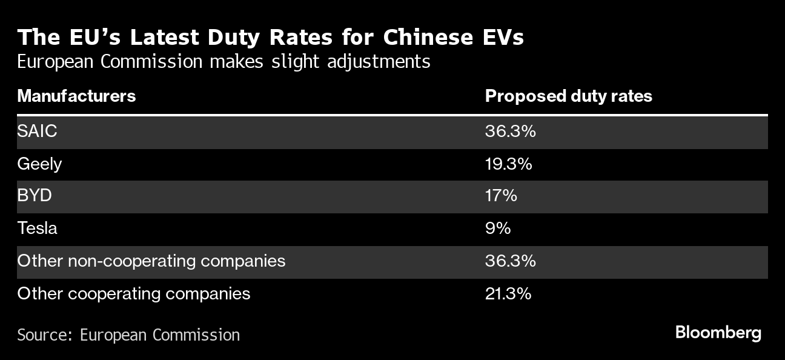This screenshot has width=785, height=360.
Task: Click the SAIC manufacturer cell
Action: pyautogui.click(x=37, y=131)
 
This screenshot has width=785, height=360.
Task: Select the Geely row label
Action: pyautogui.click(x=39, y=164)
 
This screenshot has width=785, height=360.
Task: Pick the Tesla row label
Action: pyautogui.click(x=38, y=228)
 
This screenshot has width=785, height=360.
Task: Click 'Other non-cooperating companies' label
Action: pyautogui.click(x=151, y=261)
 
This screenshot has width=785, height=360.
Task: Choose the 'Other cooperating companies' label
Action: pyautogui.click(x=133, y=294)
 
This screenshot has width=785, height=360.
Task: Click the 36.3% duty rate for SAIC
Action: pyautogui.click(x=510, y=131)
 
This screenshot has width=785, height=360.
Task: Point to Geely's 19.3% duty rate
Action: pyautogui.click(x=508, y=164)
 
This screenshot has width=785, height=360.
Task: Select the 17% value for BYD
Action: pyautogui.click(x=500, y=196)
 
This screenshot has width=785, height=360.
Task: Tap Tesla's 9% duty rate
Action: pyautogui.click(x=498, y=228)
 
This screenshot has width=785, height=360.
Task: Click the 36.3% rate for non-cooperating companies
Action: pyautogui.click(x=510, y=261)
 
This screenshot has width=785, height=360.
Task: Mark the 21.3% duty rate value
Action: pyautogui.click(x=508, y=294)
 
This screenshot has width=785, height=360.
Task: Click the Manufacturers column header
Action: pyautogui.click(x=76, y=96)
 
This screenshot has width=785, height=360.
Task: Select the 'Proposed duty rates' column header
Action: pyautogui.click(x=569, y=96)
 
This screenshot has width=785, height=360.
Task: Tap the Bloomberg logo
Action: pyautogui.click(x=718, y=333)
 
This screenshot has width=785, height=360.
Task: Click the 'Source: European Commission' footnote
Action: pyautogui.click(x=128, y=335)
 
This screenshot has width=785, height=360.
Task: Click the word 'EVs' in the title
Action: pyautogui.click(x=503, y=38)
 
